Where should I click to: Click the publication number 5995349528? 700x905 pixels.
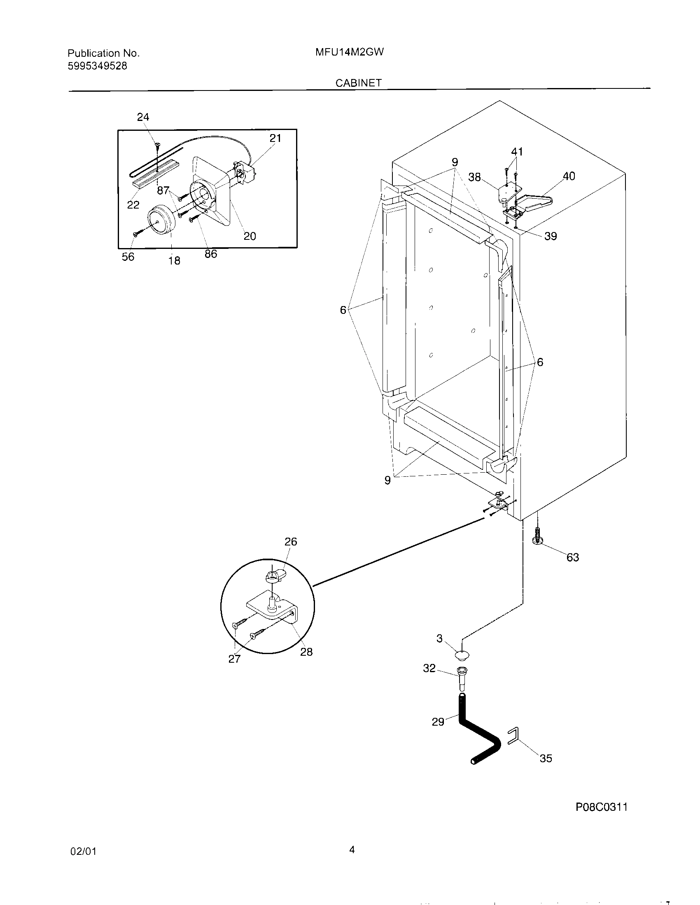[x=97, y=66]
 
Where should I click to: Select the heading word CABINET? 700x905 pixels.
[x=358, y=83]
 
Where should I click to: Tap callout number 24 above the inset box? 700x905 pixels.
[x=143, y=117]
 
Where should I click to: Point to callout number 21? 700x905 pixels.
[x=275, y=138]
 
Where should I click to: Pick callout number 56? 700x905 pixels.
[x=128, y=257]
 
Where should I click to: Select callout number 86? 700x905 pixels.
[x=211, y=254]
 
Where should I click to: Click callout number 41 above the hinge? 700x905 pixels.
[x=517, y=152]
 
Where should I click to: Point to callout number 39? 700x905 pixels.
[x=550, y=236]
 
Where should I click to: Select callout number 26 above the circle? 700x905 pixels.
[x=291, y=542]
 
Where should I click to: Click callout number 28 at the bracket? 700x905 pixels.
[x=306, y=652]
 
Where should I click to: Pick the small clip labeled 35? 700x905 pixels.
[x=513, y=736]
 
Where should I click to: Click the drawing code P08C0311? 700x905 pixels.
[x=601, y=807]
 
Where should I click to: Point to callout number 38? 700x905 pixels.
[x=474, y=177]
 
